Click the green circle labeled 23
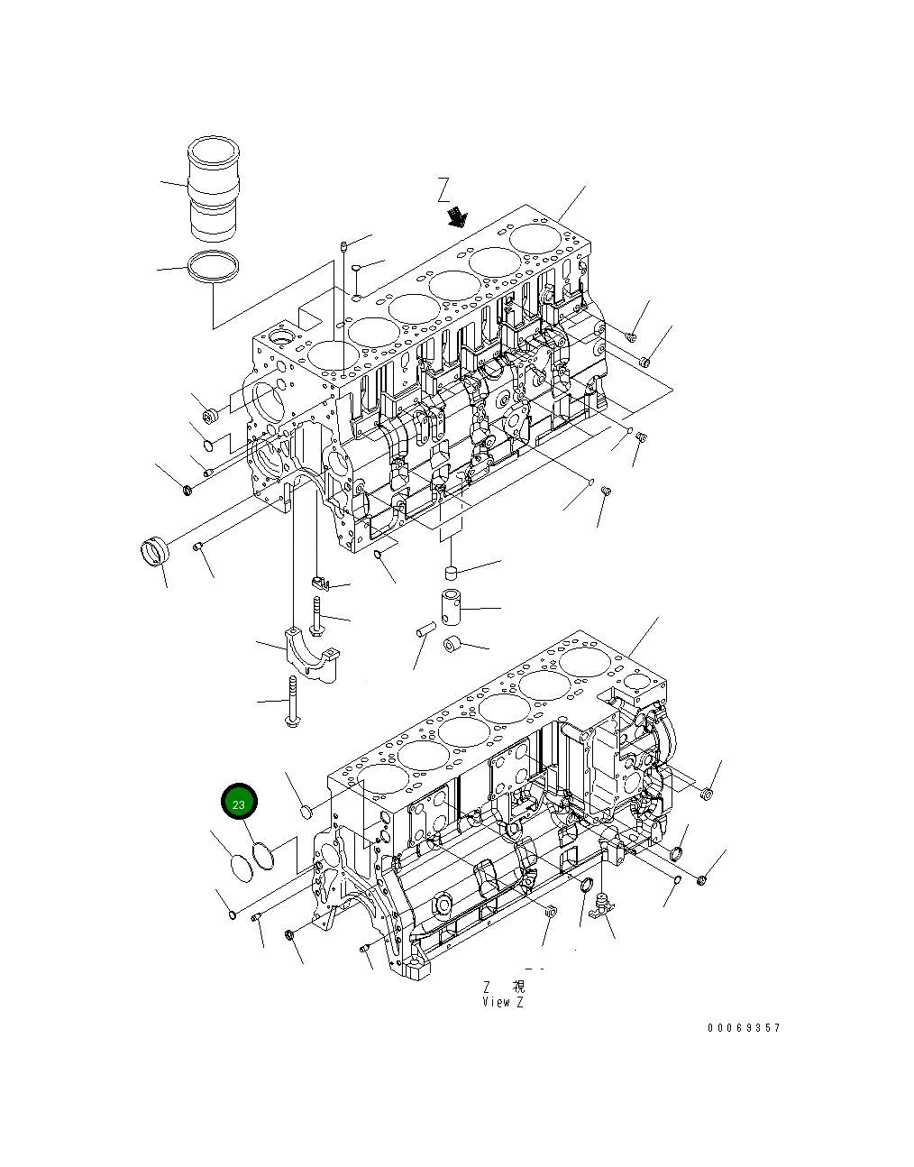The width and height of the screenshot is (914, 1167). click(239, 803)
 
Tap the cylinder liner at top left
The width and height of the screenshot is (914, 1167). click(215, 191)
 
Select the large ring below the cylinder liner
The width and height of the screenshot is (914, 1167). click(215, 268)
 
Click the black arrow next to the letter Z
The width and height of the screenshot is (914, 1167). click(459, 216)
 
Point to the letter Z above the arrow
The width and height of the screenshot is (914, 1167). click(443, 189)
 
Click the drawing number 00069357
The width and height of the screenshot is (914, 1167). click(744, 1027)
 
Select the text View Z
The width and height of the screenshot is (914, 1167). click(503, 1002)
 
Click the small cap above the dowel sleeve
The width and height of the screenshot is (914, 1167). click(452, 570)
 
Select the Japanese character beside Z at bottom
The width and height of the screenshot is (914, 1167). click(518, 988)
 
